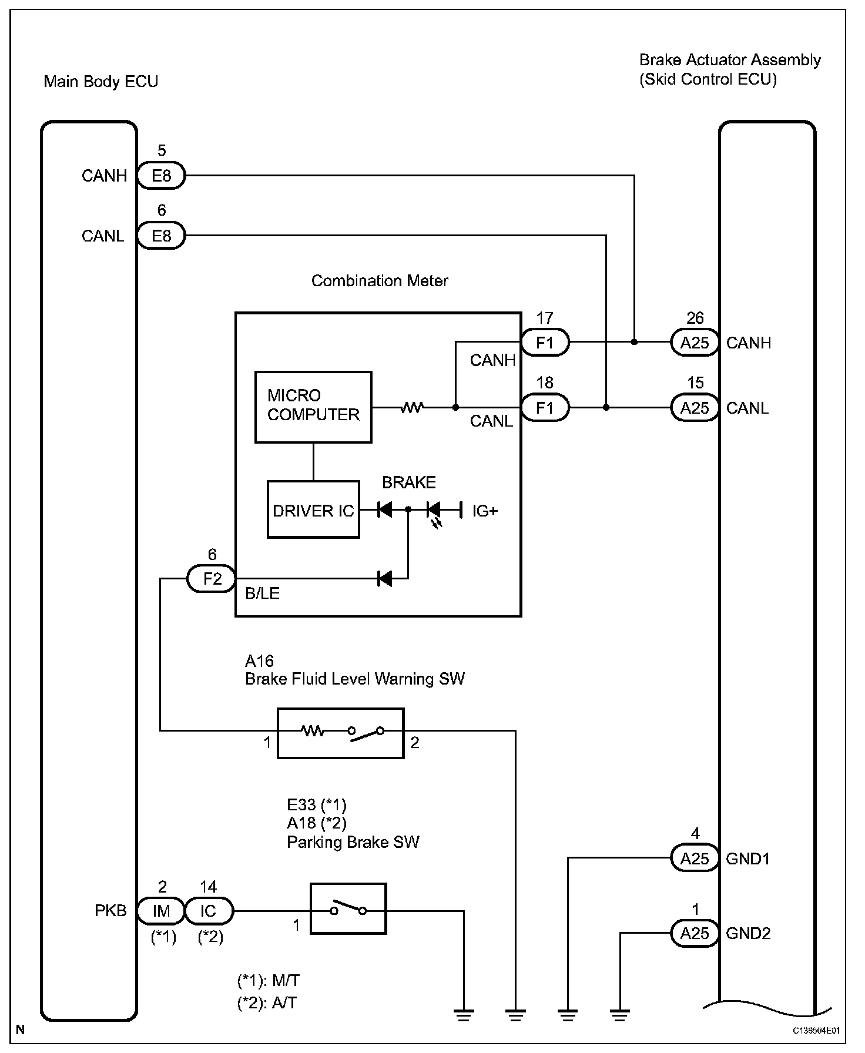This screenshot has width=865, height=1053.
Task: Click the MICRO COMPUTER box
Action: (x=313, y=407)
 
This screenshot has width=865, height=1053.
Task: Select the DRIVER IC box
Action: (x=313, y=509)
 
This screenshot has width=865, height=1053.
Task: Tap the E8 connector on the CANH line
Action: (x=162, y=175)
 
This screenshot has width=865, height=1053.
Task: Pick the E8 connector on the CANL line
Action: (x=162, y=236)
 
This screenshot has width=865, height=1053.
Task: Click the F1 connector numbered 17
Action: (x=545, y=342)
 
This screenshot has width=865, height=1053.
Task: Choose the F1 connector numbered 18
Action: (x=545, y=407)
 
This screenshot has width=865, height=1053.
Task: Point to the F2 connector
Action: (x=212, y=579)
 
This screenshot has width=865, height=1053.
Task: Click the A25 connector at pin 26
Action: (x=695, y=343)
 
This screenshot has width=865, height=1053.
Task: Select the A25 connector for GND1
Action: (x=695, y=859)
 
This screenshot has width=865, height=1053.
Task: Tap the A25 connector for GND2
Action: (x=695, y=933)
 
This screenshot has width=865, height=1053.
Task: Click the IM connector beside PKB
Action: (x=161, y=911)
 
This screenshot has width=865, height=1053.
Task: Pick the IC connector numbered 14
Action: (x=209, y=911)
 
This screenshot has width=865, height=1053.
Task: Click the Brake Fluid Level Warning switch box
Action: (x=341, y=733)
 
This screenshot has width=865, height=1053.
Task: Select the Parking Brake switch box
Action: (x=348, y=908)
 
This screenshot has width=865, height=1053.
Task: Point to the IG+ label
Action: (x=485, y=511)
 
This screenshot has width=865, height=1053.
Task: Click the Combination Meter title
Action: (x=380, y=281)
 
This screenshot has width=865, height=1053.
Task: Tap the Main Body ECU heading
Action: (x=101, y=82)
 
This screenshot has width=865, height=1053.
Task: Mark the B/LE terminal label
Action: (x=262, y=593)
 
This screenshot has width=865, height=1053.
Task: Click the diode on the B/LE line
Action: (x=384, y=579)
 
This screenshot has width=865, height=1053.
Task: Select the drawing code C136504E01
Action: (x=816, y=1031)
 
